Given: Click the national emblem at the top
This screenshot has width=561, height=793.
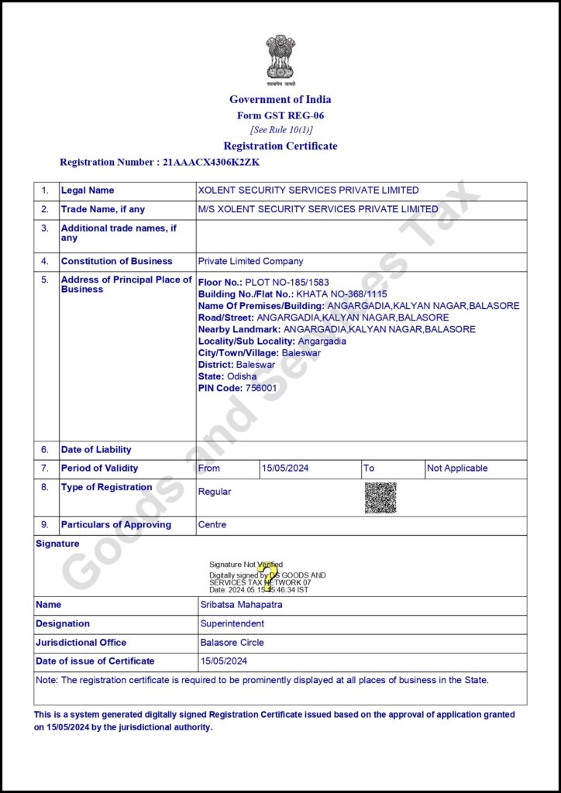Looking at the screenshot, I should click(x=280, y=58).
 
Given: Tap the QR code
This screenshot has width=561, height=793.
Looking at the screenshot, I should click(x=380, y=498).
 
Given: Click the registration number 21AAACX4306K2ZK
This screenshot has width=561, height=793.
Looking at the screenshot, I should click(x=211, y=163).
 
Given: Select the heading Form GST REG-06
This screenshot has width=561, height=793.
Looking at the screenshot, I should click(x=280, y=115).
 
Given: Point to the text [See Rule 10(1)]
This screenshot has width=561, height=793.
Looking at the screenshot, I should click(x=280, y=130).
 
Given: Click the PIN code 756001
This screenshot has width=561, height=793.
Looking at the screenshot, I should click(x=260, y=388).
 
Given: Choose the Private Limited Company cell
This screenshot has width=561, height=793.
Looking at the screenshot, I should click(x=251, y=262).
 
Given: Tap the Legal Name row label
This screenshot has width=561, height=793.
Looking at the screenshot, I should click(x=88, y=191).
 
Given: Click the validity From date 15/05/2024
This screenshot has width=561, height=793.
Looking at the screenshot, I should click(x=286, y=469).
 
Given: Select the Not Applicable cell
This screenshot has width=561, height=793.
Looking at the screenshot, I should click(x=457, y=469).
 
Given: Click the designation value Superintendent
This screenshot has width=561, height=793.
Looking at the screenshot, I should click(x=232, y=623).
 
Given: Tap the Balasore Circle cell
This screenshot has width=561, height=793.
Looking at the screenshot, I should click(x=232, y=643).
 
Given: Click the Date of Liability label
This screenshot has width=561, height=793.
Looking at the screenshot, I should click(x=96, y=450).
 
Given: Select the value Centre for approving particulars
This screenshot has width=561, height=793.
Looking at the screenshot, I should click(x=212, y=525).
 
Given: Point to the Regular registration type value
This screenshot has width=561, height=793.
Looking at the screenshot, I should click(x=215, y=492).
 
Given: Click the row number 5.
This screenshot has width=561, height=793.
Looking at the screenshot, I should click(x=45, y=280).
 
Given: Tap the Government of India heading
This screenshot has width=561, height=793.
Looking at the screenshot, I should click(x=280, y=99).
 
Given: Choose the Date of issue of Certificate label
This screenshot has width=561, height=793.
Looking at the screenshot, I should click(x=95, y=661).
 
